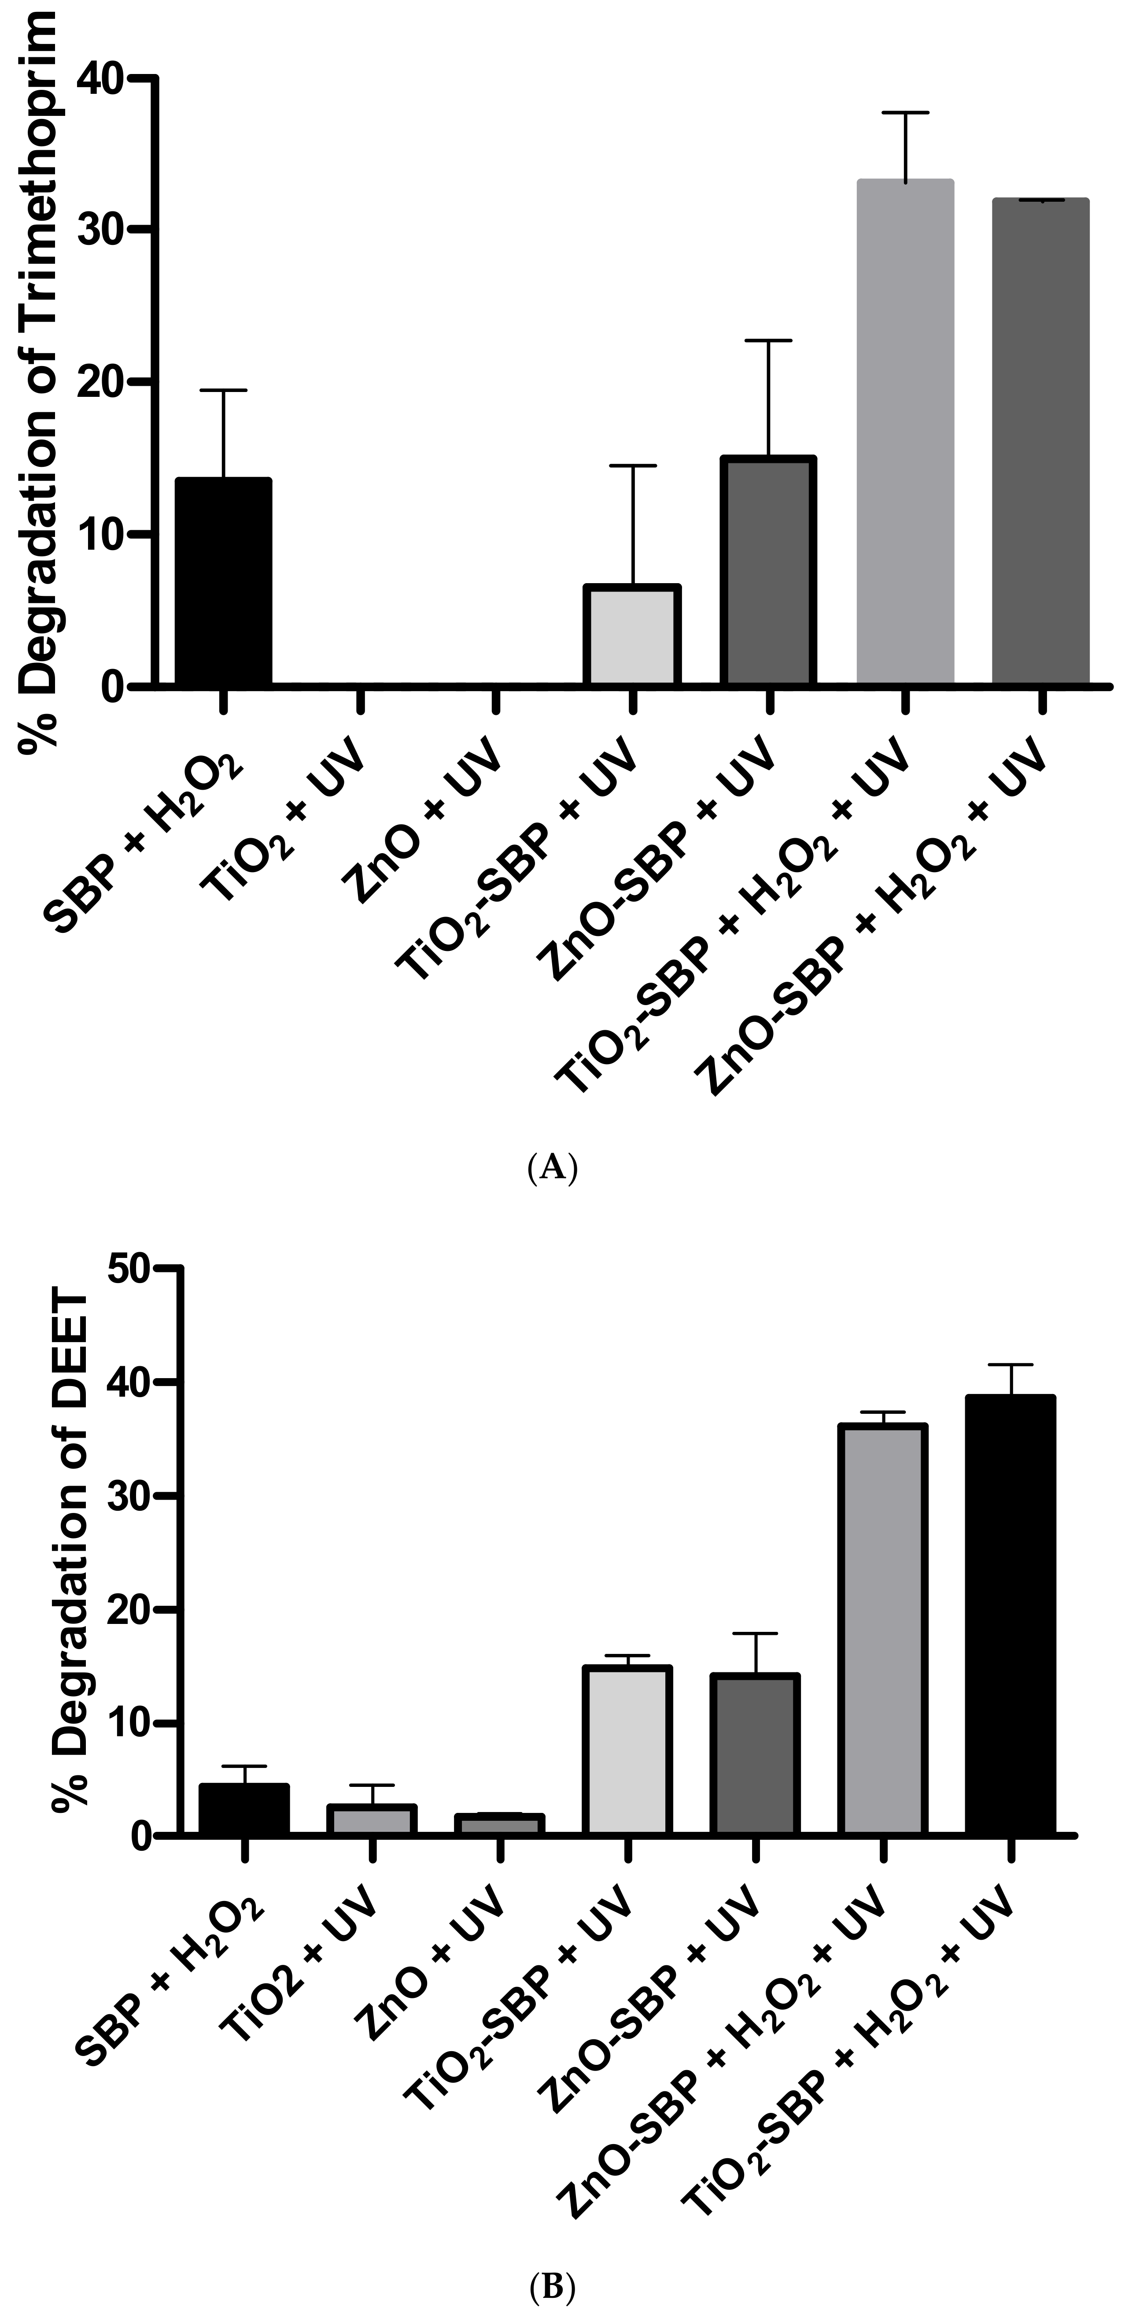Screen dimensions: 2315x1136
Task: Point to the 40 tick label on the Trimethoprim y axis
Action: [101, 79]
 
